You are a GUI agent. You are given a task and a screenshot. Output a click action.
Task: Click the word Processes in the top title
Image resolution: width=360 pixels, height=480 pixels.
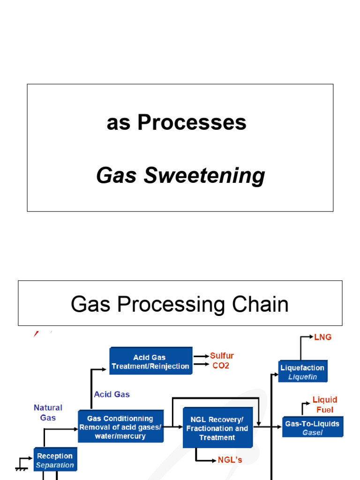[x=192, y=123]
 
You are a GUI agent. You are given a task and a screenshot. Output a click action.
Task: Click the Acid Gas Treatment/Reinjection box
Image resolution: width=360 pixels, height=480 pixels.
[x=150, y=361]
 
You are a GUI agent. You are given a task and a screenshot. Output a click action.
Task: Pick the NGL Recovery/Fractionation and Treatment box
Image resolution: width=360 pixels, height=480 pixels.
[x=217, y=428]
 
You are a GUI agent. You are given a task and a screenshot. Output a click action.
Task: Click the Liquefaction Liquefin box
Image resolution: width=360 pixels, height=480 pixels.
[x=302, y=372]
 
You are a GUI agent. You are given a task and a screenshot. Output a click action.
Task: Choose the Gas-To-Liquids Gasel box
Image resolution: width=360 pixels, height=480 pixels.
[x=312, y=427]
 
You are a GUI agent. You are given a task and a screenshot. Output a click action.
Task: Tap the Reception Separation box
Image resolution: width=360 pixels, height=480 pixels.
[x=55, y=460]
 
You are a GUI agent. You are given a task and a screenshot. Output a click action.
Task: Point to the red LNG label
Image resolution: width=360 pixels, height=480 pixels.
[x=322, y=337]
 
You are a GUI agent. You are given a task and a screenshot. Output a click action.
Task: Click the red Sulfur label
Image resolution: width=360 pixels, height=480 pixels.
[x=222, y=356]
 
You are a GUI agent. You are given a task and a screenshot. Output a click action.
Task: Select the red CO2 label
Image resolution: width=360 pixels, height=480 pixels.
[x=221, y=366]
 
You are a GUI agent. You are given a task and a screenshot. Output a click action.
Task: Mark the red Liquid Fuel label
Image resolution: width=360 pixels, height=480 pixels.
[x=325, y=405]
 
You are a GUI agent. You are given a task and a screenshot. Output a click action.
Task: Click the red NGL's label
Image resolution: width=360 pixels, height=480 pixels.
[x=230, y=460]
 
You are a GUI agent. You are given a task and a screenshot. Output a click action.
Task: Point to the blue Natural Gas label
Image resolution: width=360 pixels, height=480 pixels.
[x=48, y=412]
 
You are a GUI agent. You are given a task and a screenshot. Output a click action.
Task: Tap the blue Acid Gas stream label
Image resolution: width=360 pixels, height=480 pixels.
[x=112, y=394]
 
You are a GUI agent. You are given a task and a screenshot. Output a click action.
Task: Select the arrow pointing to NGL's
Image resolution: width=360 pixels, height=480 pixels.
[x=207, y=460]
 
